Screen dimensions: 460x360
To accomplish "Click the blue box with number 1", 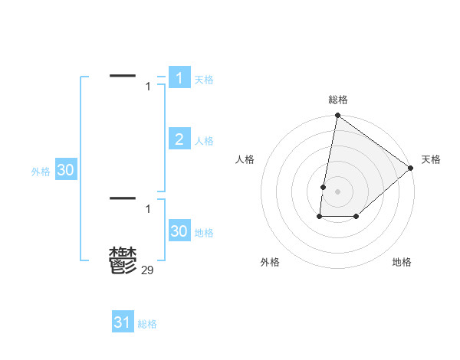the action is [x=179, y=77].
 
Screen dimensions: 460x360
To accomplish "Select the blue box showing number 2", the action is [x=179, y=139].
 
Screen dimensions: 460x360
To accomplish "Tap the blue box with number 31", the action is [x=123, y=322].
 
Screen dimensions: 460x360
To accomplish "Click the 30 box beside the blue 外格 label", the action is [x=65, y=170].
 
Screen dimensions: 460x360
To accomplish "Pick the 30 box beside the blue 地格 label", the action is [x=179, y=231].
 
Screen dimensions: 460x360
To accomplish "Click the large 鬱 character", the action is [x=123, y=261].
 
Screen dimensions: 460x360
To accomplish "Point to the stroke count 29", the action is [x=148, y=270].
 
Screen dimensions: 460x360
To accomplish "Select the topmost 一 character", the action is [x=123, y=75].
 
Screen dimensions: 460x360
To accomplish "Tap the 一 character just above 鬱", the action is [x=123, y=198].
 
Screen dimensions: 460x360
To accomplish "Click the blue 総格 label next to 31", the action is [x=147, y=324].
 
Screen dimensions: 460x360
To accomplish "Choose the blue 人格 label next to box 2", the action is [x=204, y=141].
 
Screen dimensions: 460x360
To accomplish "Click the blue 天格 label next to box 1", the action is [x=204, y=80].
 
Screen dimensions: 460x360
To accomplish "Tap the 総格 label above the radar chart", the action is [x=338, y=100].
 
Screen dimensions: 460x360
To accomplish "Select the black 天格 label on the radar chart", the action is [x=431, y=159].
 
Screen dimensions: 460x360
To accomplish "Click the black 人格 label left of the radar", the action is [x=245, y=159].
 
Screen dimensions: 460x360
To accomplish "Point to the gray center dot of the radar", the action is [x=337, y=191].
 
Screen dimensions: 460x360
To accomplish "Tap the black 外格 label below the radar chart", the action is [x=270, y=262].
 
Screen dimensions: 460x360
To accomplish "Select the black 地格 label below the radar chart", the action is [x=402, y=262].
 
